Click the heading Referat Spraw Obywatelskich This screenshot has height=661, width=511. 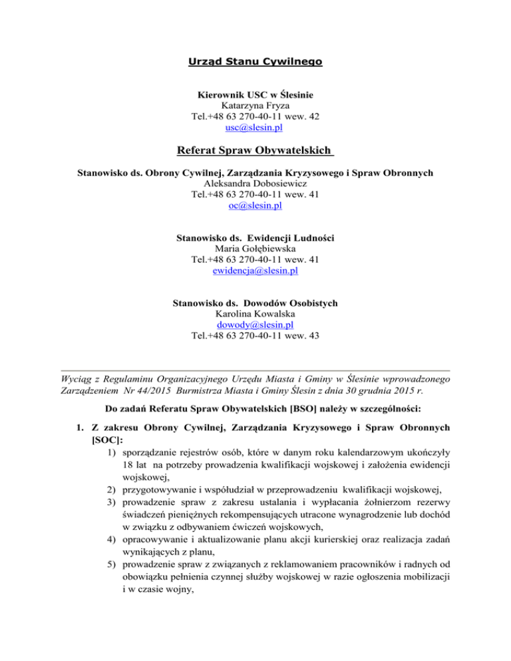click(x=255, y=150)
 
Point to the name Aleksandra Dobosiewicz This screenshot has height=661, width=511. click(x=255, y=184)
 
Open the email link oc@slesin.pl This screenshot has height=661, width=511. click(x=255, y=206)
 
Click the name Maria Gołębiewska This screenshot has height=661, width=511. click(x=255, y=249)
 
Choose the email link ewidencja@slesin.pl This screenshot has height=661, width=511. click(x=255, y=271)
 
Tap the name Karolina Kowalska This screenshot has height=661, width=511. click(x=255, y=314)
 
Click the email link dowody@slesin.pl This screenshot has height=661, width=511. click(x=255, y=325)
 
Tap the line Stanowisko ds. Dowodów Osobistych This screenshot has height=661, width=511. click(x=255, y=303)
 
